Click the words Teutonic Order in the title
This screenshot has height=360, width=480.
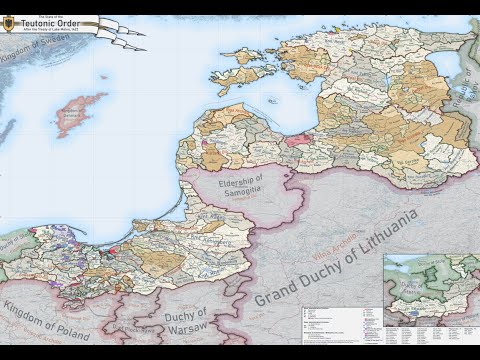pyautogui.click(x=56, y=23)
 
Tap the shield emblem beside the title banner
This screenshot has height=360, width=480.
pyautogui.click(x=9, y=24)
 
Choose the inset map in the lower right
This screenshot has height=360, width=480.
pyautogui.click(x=430, y=289)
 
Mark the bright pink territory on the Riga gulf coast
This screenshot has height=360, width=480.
pyautogui.click(x=297, y=141)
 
